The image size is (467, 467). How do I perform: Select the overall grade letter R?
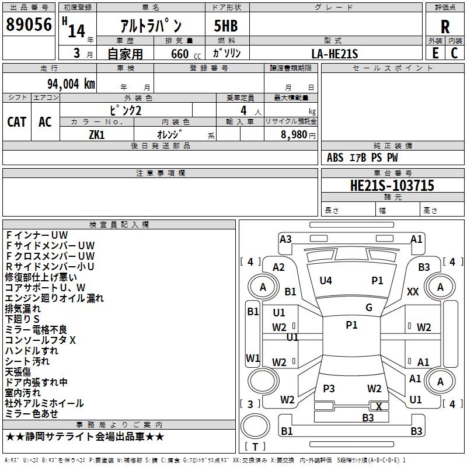click(445, 26)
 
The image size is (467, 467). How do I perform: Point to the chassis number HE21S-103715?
click(392, 186)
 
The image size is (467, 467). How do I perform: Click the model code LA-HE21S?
click(334, 54)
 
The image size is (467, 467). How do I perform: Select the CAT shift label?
click(16, 121)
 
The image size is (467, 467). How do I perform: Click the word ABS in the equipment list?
click(335, 158)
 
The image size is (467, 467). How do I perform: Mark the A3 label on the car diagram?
click(285, 239)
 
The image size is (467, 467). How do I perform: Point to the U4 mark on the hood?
click(326, 281)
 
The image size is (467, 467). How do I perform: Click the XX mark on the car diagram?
click(413, 291)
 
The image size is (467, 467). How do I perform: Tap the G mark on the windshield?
click(369, 307)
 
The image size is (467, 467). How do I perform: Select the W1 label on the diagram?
click(253, 358)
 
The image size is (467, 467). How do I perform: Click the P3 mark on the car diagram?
click(329, 389)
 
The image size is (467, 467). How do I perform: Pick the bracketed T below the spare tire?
click(255, 447)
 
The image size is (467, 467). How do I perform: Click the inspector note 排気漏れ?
click(23, 309)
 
